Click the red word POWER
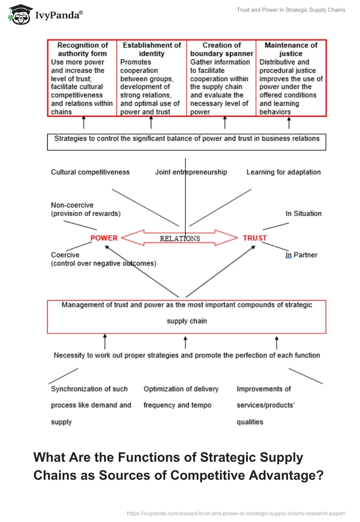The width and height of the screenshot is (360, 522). click(104, 238)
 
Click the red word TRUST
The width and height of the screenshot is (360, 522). click(255, 238)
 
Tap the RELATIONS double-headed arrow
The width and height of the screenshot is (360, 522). click(180, 238)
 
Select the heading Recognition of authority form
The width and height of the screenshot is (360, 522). click(83, 49)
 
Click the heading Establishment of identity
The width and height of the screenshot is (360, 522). click(152, 49)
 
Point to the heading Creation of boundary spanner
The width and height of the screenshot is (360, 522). click(221, 49)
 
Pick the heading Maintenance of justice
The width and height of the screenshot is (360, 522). click(291, 49)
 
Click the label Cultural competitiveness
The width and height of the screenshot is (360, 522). click(90, 172)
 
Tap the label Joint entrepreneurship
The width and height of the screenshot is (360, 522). click(191, 172)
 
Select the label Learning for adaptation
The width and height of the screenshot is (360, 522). click(283, 172)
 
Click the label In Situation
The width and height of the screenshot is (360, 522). click(303, 213)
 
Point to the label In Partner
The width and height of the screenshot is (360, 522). click(301, 255)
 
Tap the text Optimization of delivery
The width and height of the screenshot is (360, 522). click(181, 389)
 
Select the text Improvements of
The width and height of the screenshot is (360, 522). click(264, 389)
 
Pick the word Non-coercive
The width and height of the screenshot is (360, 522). click(72, 205)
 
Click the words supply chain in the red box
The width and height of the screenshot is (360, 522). click(187, 321)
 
